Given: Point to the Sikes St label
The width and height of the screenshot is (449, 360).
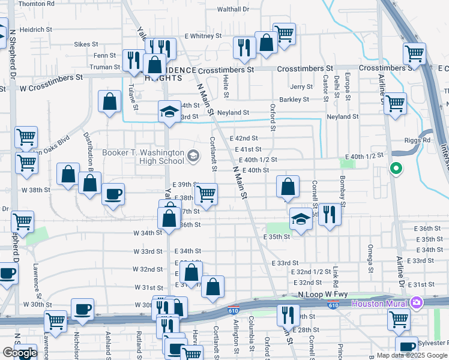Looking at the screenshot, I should (x=86, y=44).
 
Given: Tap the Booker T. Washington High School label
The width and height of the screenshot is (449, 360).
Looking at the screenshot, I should (x=143, y=157).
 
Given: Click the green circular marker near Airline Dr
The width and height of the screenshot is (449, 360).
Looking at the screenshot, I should (x=395, y=169).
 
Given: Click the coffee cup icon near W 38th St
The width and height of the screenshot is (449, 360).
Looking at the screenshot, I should (x=113, y=194).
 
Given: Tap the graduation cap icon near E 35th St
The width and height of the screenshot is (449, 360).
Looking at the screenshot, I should (x=301, y=219).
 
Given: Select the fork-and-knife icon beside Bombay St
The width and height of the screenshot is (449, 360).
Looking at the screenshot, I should (x=329, y=214).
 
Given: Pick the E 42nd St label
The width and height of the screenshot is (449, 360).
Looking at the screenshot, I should (x=244, y=138).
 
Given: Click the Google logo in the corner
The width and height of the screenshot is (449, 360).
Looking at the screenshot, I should (x=19, y=353).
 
